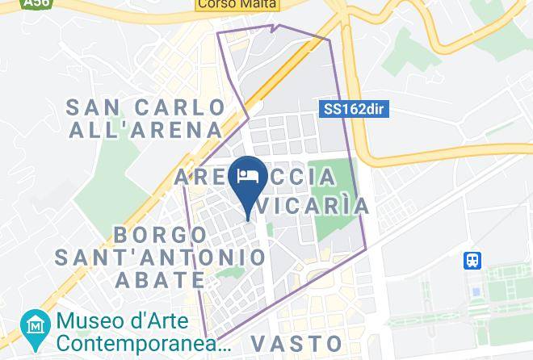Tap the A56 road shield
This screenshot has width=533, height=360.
click(x=34, y=4)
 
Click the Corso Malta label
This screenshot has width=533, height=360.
click(x=237, y=4)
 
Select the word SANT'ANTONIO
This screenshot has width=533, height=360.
click(x=161, y=257)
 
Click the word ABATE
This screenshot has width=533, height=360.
click(x=161, y=279)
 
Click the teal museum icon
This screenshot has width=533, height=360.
click(x=35, y=325)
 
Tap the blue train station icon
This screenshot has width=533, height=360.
click(x=473, y=261)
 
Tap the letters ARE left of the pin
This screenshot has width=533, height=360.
click(x=201, y=177)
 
